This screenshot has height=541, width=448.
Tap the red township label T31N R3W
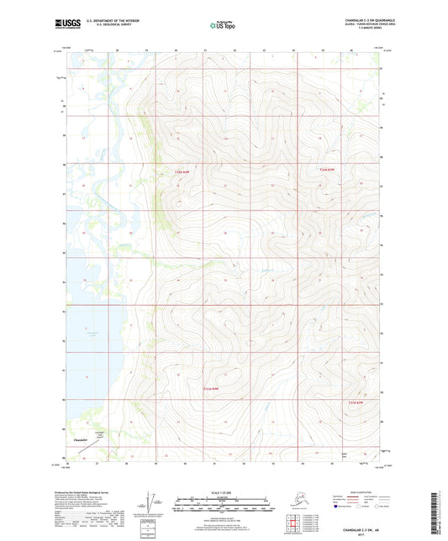tap(217, 389)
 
